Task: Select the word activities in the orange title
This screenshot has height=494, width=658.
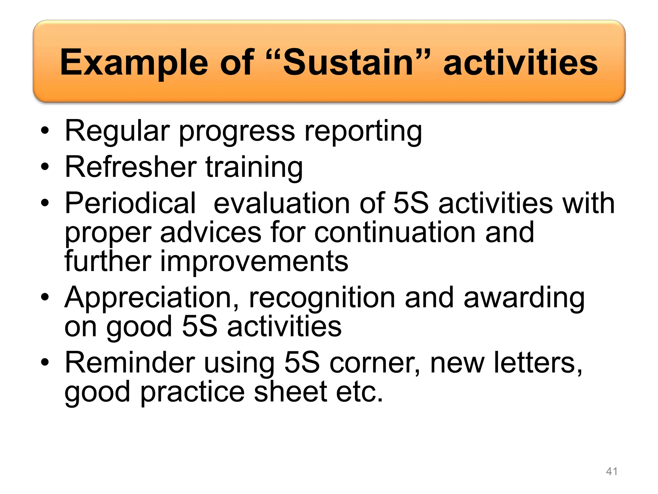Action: pyautogui.click(x=520, y=63)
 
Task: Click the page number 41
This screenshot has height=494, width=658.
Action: pyautogui.click(x=611, y=471)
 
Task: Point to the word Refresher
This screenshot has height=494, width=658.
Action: pyautogui.click(x=130, y=167)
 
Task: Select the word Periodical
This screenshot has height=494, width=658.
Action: pyautogui.click(x=130, y=203)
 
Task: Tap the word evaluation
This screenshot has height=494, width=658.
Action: pyautogui.click(x=281, y=203)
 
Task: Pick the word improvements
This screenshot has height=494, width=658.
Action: pyautogui.click(x=254, y=261)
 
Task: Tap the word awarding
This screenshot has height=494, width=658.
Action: pyautogui.click(x=524, y=298)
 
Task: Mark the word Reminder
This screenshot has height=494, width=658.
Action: pyautogui.click(x=130, y=363)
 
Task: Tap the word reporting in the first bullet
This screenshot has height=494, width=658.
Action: pyautogui.click(x=363, y=131)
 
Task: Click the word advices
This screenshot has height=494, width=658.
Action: pyautogui.click(x=211, y=232)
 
